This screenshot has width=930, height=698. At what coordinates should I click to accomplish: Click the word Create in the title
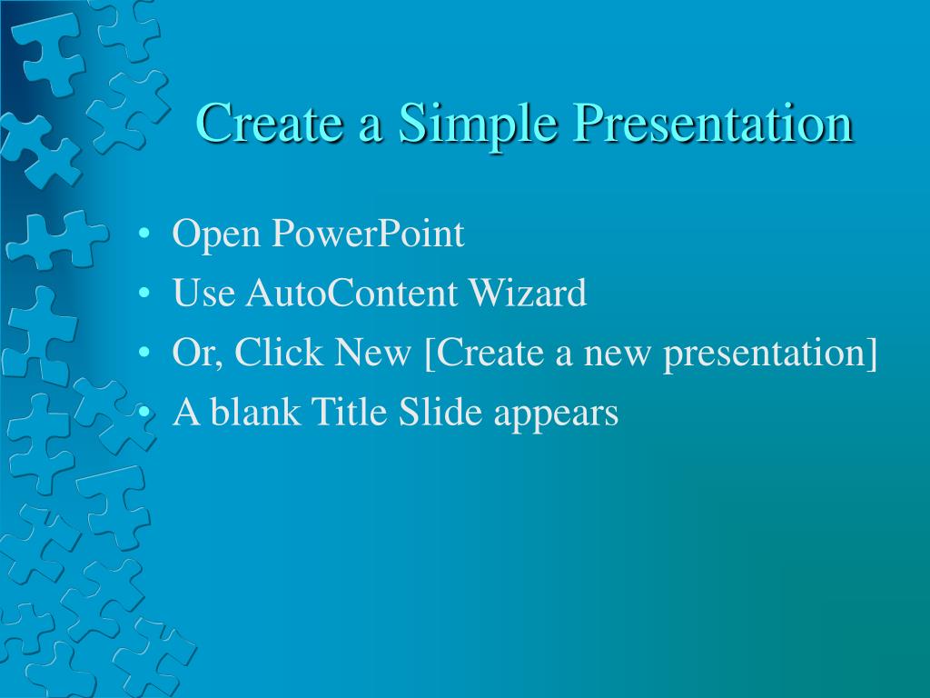[x=270, y=123]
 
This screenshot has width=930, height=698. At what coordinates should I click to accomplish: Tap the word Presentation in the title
[x=713, y=125]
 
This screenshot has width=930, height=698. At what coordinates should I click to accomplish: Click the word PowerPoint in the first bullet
[x=368, y=234]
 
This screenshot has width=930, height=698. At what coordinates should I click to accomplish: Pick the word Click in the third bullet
[x=279, y=352]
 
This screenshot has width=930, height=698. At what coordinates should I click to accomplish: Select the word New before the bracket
[x=372, y=352]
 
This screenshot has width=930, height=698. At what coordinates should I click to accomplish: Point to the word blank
[x=255, y=411]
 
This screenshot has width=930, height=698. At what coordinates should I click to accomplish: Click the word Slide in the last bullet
[x=440, y=411]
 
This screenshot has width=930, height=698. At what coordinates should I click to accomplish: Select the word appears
[x=557, y=414]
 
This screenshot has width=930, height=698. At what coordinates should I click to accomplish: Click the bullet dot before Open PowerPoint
[x=144, y=234]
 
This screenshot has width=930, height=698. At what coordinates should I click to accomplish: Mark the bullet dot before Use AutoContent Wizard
[x=144, y=293]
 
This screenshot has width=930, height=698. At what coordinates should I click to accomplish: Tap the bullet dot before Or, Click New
[x=144, y=352]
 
